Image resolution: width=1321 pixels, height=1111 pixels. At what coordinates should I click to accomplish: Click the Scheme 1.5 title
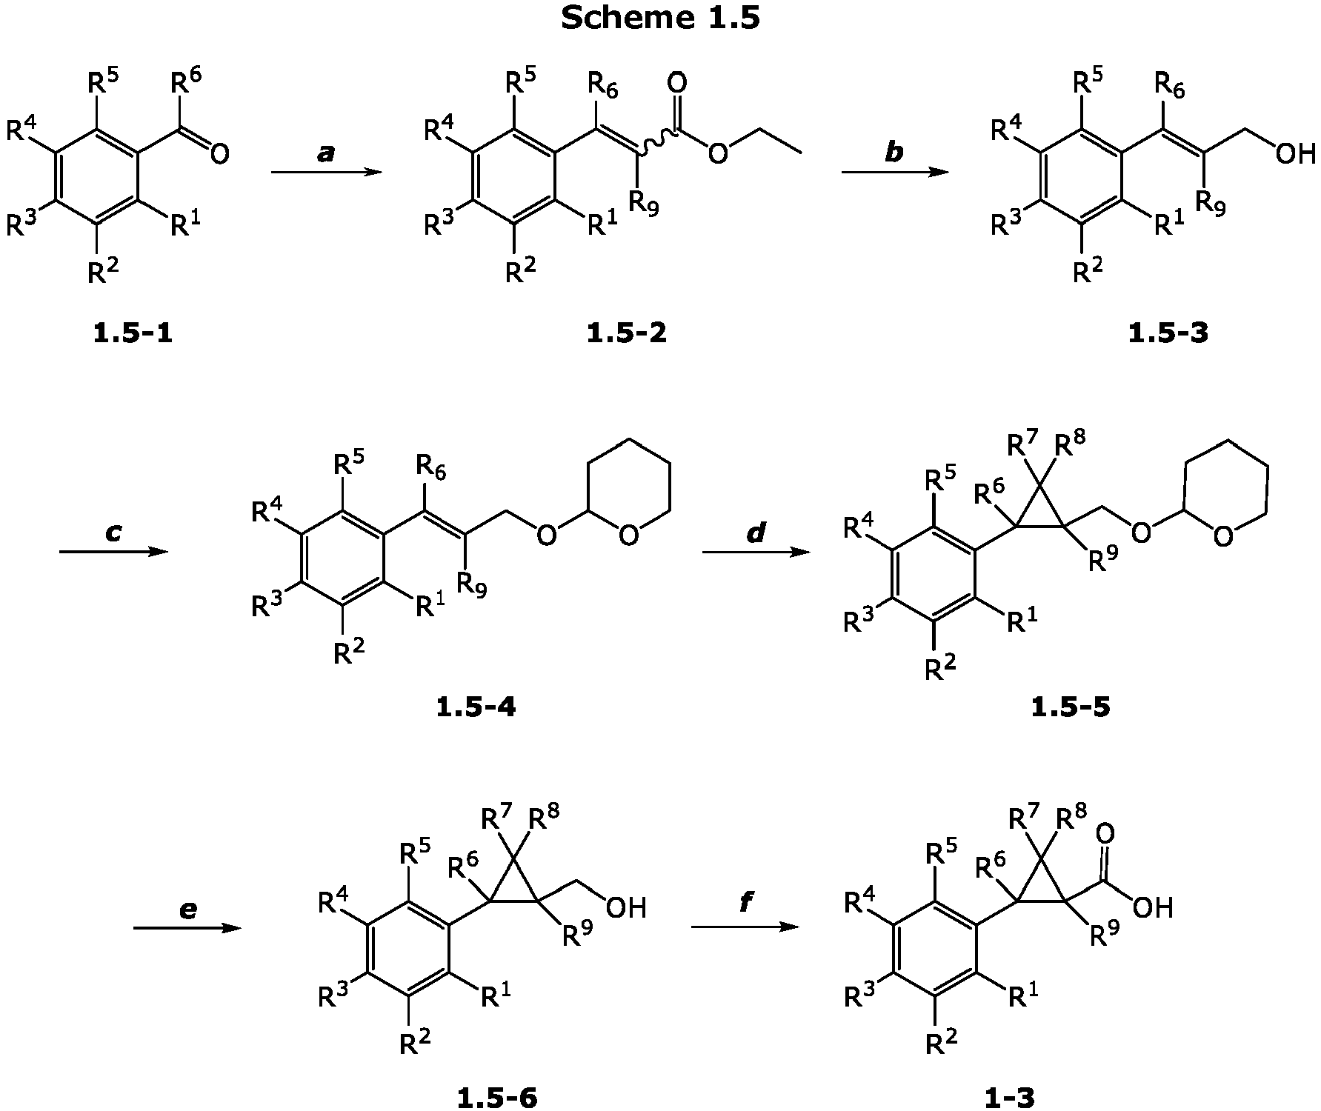pyautogui.click(x=660, y=18)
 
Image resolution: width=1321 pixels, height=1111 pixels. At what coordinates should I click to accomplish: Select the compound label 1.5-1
pyautogui.click(x=133, y=334)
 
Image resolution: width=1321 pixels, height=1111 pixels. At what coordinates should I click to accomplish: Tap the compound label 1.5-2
pyautogui.click(x=626, y=334)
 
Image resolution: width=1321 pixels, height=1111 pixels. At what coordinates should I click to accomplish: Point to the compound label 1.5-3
pyautogui.click(x=1168, y=334)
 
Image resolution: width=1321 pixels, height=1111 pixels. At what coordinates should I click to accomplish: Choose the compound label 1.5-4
pyautogui.click(x=476, y=707)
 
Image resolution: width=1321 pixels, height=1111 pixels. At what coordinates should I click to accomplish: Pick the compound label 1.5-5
pyautogui.click(x=1071, y=707)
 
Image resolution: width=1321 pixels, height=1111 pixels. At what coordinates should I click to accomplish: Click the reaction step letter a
pyautogui.click(x=326, y=153)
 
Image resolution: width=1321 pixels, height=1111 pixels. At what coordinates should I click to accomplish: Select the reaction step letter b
pyautogui.click(x=895, y=152)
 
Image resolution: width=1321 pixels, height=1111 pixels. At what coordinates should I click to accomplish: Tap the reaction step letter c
pyautogui.click(x=113, y=533)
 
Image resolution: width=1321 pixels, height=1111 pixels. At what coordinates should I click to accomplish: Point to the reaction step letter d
pyautogui.click(x=756, y=531)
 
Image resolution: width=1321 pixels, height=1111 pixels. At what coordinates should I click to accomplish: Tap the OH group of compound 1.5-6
pyautogui.click(x=626, y=907)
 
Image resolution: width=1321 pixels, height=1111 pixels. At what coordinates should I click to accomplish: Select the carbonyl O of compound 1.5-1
pyautogui.click(x=219, y=154)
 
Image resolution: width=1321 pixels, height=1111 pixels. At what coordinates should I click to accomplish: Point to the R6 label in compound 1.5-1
pyautogui.click(x=185, y=81)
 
